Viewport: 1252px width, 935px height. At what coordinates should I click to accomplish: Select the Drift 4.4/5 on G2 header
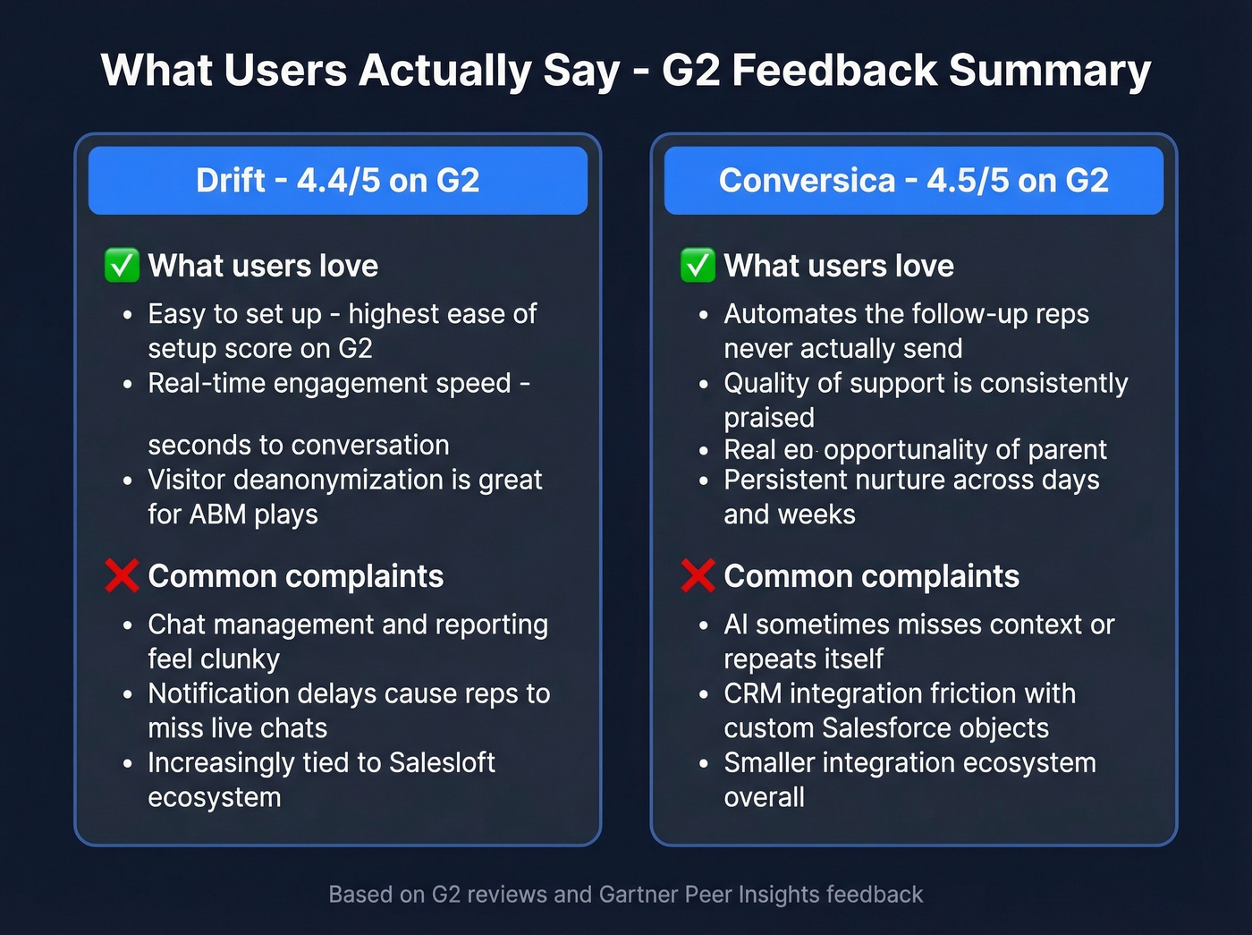click(338, 181)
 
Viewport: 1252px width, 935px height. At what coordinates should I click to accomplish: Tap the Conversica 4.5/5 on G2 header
click(913, 181)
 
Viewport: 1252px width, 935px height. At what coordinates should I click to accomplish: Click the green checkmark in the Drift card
click(122, 266)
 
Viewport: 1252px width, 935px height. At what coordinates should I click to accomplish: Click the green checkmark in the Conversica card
click(698, 266)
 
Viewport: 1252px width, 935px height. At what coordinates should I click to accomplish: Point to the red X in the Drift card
click(122, 576)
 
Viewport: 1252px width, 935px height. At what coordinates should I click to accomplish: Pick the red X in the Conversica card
click(698, 576)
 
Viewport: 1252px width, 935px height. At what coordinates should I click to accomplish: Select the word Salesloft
click(442, 762)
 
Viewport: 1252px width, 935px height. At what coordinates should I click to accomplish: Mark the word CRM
click(753, 693)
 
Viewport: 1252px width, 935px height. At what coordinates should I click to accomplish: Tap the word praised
click(769, 418)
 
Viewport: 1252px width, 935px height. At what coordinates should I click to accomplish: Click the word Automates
click(790, 314)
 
